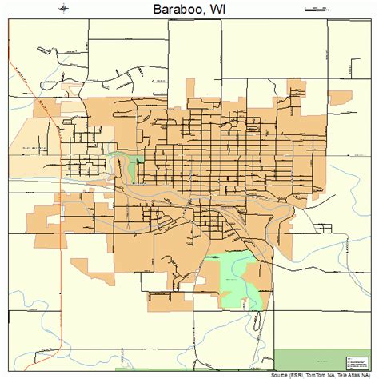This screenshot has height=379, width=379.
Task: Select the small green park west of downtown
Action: pyautogui.click(x=129, y=166)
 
